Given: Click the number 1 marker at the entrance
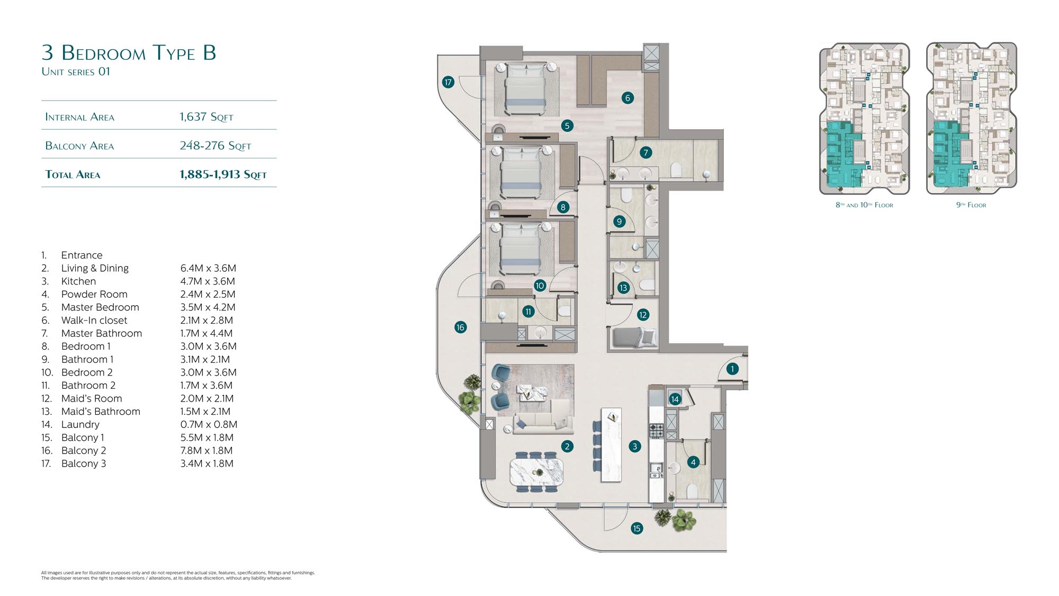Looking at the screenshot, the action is [x=732, y=369].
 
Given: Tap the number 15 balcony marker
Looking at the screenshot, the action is [x=636, y=528].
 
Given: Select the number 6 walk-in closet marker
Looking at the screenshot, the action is [x=627, y=97].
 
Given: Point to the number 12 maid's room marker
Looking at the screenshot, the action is [x=643, y=315].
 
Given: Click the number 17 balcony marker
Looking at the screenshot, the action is [x=448, y=82].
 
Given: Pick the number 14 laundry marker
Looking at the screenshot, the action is [x=675, y=399].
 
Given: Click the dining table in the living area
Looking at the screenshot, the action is [x=536, y=472].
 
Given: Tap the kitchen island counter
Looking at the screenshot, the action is [x=611, y=445].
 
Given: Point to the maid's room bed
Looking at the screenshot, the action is [x=634, y=338].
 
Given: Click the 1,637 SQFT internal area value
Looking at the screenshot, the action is [x=207, y=117].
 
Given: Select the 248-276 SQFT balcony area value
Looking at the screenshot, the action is [x=216, y=146].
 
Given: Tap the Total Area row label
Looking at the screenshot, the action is [x=73, y=175].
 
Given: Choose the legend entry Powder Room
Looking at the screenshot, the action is [x=94, y=294].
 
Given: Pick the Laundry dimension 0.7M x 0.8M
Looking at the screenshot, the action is [x=209, y=424].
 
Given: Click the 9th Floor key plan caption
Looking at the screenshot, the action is [x=971, y=205].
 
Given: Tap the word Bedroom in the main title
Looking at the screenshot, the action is [x=104, y=53].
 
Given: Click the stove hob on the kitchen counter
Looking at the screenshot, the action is [x=657, y=431].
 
